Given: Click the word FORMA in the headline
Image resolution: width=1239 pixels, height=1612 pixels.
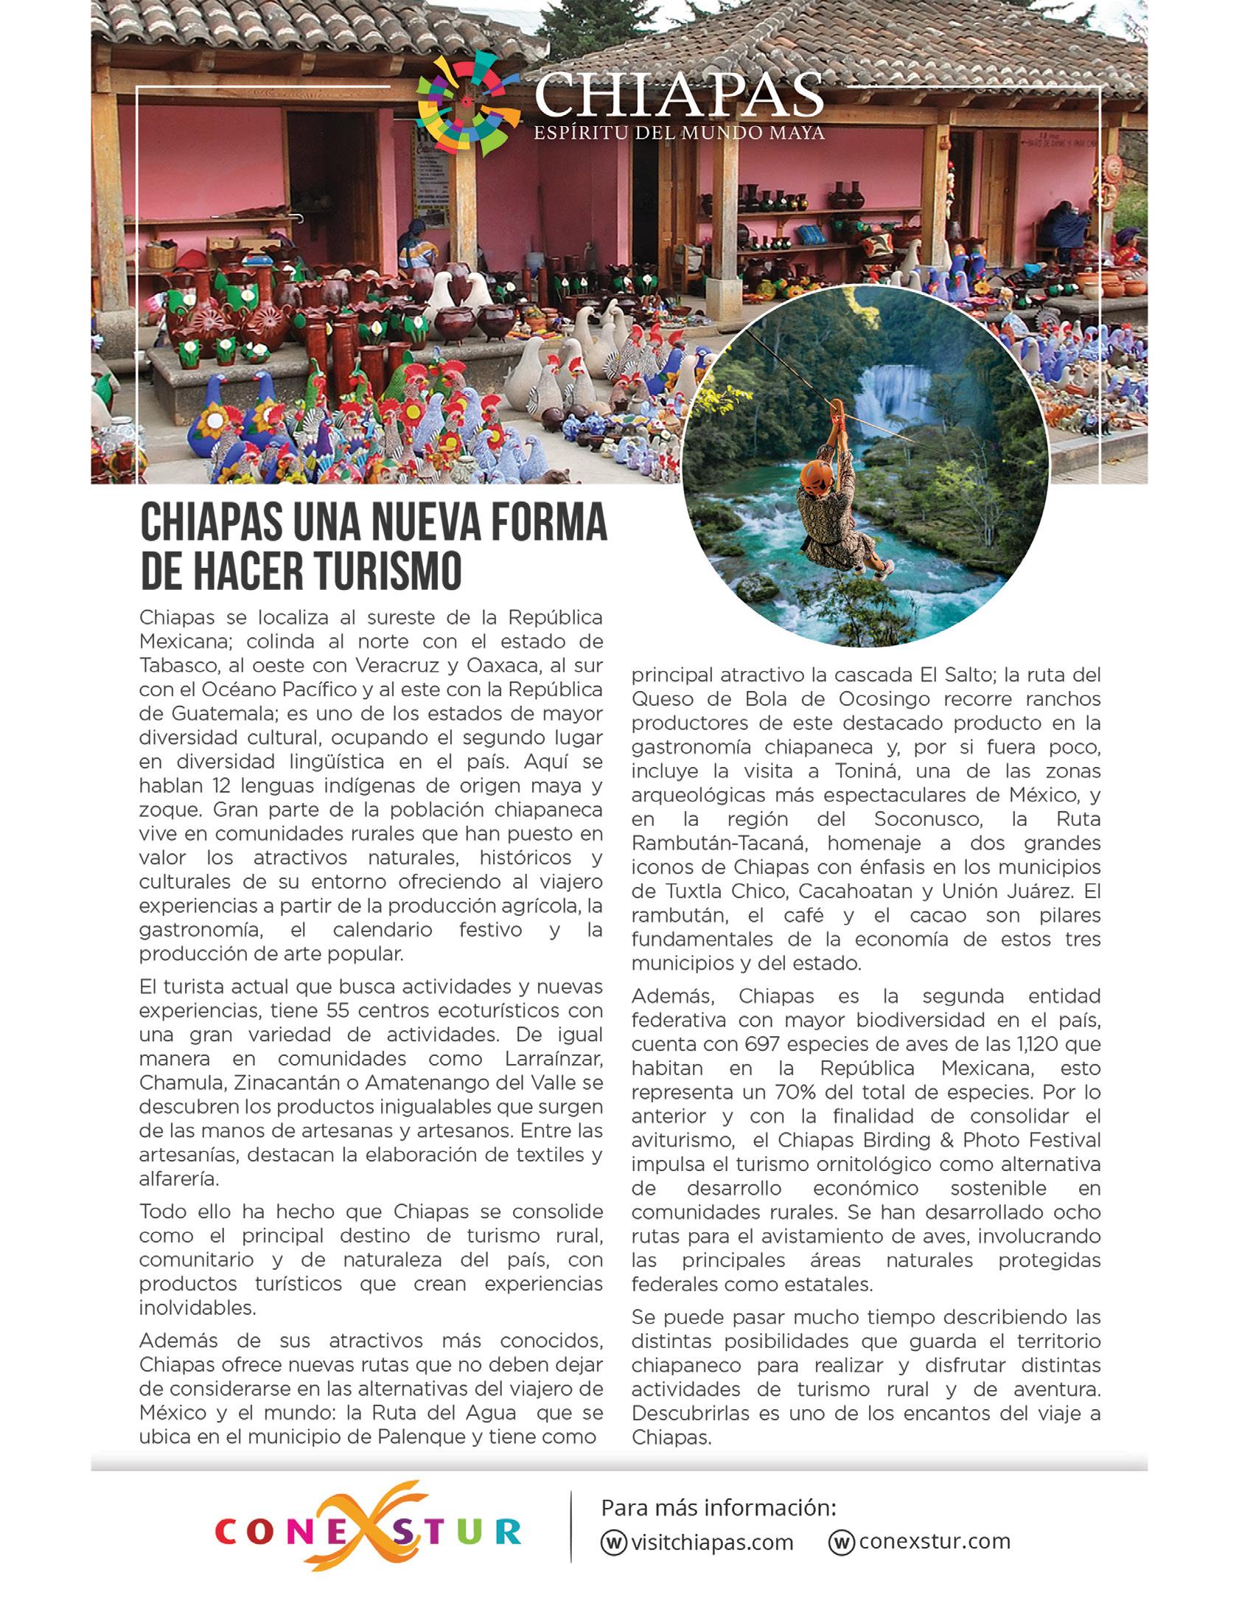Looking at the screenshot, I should pyautogui.click(x=548, y=523).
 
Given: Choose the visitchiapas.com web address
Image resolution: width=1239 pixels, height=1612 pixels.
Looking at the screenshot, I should pyautogui.click(x=712, y=1543).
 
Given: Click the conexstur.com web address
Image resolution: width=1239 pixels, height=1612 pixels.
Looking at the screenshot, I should pyautogui.click(x=935, y=1541).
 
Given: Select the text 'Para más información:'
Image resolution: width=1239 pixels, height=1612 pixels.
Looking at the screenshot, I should pyautogui.click(x=719, y=1507).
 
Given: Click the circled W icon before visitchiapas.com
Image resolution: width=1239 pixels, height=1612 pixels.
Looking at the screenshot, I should pyautogui.click(x=613, y=1543).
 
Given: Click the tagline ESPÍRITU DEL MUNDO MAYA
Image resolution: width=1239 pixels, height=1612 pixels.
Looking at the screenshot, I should pyautogui.click(x=679, y=133).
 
